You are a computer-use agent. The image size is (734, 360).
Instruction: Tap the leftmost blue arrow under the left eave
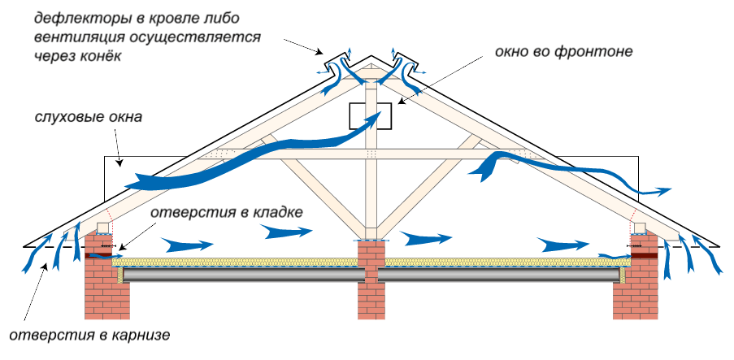[29, 257]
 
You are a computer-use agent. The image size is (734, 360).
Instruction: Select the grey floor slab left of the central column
[244, 275]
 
